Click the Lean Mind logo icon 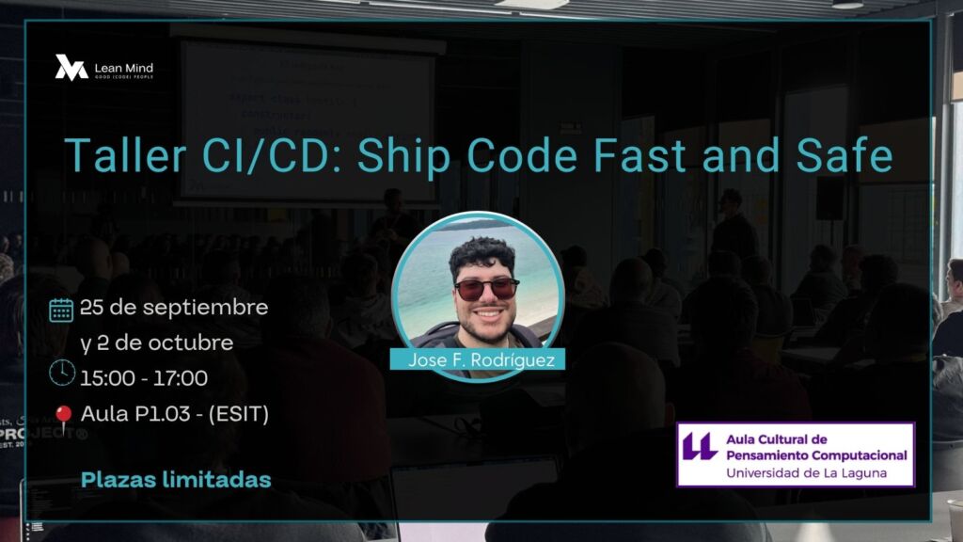click(x=71, y=68)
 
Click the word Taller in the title click(x=125, y=154)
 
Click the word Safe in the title click(x=844, y=154)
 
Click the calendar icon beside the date click(x=61, y=311)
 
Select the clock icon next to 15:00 click(x=62, y=373)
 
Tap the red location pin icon click(x=63, y=419)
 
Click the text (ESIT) click(x=239, y=414)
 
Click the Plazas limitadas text click(x=176, y=479)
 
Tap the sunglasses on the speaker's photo click(x=486, y=289)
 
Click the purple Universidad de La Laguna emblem click(x=700, y=446)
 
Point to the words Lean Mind click(x=124, y=68)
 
